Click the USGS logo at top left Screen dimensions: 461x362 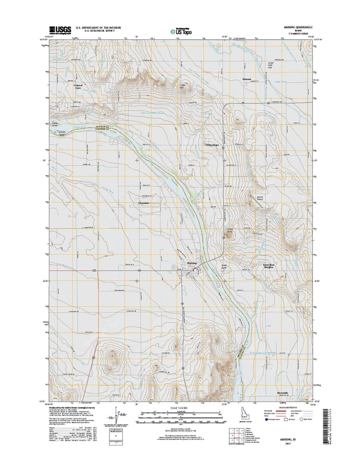tap(60, 30)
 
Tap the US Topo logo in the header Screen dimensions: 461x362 tap(181, 31)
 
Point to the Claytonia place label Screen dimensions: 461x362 tap(144, 203)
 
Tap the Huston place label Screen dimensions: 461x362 tap(247, 79)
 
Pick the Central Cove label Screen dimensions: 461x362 tap(78, 87)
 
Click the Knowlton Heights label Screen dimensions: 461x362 tap(268, 266)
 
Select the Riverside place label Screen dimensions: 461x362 tap(282, 393)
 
